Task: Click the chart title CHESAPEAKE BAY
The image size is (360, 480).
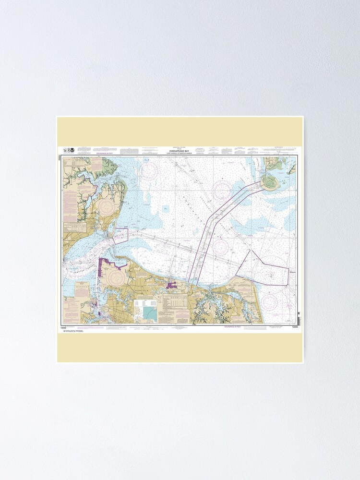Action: point(180,149)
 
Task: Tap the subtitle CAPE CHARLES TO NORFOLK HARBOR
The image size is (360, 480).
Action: point(180,153)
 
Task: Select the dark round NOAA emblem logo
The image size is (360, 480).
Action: point(72,150)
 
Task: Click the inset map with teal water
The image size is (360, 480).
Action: point(149,312)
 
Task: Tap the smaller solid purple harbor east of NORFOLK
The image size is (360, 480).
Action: point(172,287)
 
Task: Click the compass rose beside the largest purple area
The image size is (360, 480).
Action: point(115,277)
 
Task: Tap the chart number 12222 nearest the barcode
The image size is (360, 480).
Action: point(295,327)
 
